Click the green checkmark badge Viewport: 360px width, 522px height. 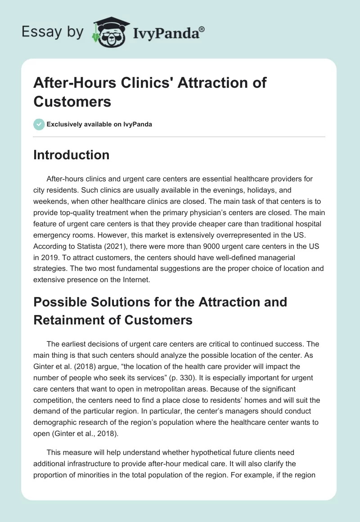(x=39, y=124)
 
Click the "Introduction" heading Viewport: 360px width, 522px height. (x=71, y=155)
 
